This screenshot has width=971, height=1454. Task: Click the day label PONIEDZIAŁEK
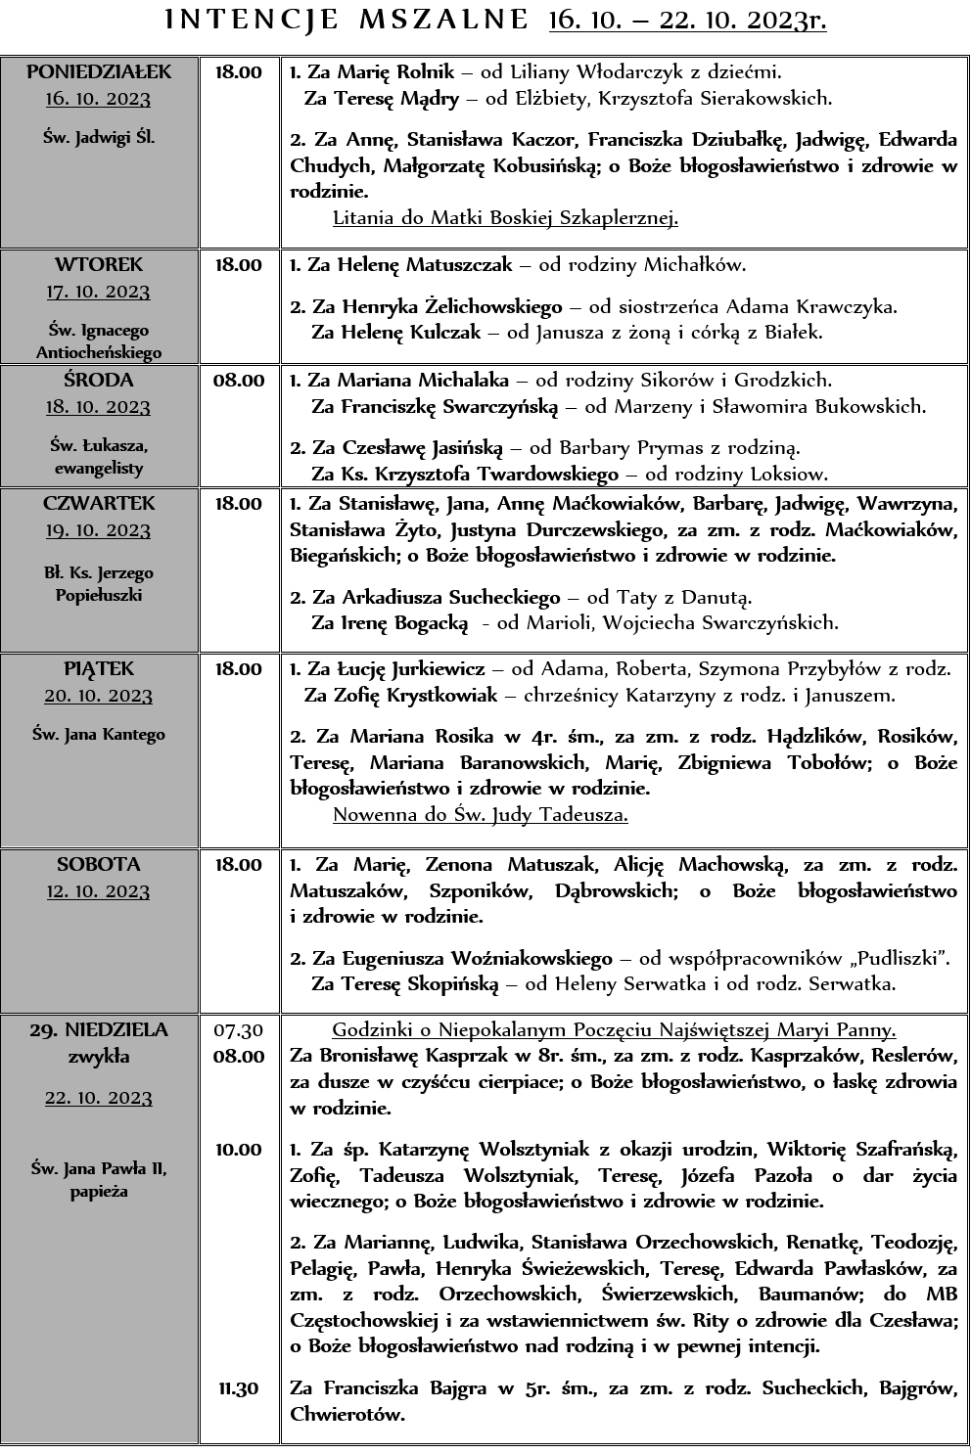[x=99, y=71]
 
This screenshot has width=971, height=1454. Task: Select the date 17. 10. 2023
[x=99, y=292]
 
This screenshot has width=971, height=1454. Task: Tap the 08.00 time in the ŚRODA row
[x=239, y=380]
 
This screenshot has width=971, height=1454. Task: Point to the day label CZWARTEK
[x=99, y=503]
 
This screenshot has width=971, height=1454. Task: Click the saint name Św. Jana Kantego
[x=99, y=734]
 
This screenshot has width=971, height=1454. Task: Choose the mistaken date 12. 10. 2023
[x=99, y=891]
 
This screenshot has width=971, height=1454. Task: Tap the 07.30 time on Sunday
[x=239, y=1029]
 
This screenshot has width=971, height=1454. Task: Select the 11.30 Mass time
[x=239, y=1387]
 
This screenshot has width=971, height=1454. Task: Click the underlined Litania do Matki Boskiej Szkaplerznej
[x=505, y=217]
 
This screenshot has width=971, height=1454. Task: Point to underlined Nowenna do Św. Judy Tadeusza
[x=480, y=814]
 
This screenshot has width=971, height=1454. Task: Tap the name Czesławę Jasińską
[x=422, y=448]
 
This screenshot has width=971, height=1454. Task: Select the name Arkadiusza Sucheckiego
[x=450, y=597]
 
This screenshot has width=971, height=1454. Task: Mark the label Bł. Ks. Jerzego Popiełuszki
[x=99, y=584]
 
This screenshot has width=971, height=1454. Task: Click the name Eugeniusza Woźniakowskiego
[x=477, y=958]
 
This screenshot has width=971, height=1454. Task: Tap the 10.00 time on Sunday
[x=239, y=1149]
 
